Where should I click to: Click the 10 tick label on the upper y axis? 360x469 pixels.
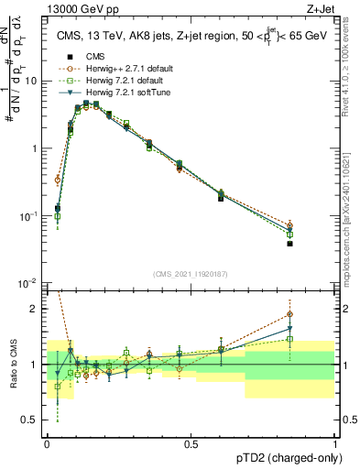30,81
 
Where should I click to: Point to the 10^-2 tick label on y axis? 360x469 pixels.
28,283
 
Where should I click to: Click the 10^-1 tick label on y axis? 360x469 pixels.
28,216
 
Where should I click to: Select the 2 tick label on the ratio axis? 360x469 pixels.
36,309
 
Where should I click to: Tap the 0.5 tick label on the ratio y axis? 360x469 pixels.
32,420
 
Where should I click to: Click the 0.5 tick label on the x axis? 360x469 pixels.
191,442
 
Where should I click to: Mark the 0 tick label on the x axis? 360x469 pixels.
47,442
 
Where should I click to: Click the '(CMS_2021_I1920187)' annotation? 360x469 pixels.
191,273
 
